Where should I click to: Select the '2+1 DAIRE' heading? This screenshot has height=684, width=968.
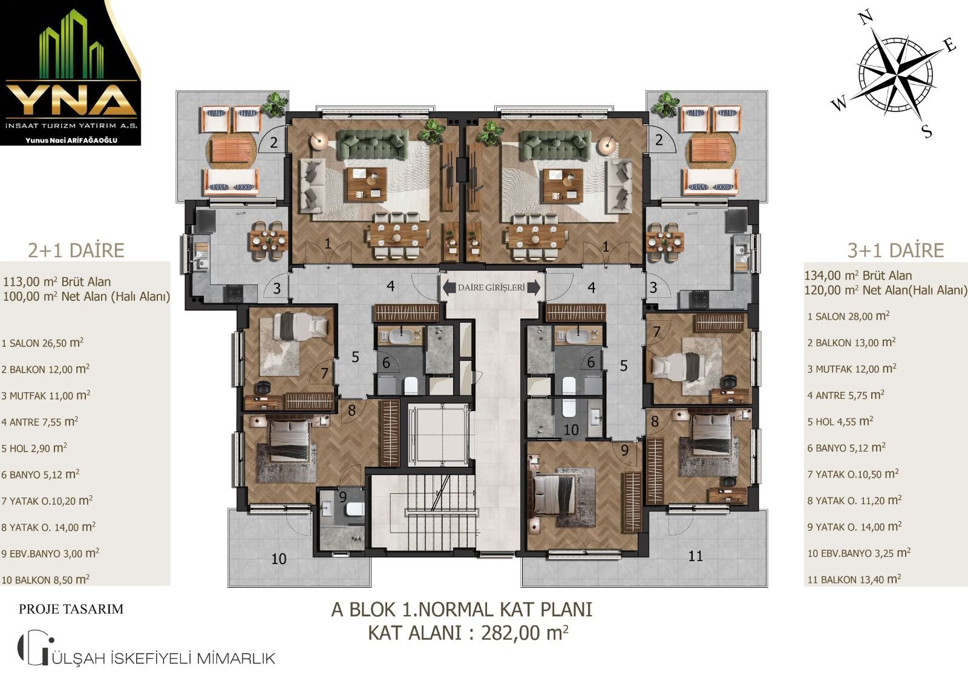[76, 251]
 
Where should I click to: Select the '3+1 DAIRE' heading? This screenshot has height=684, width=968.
[895, 251]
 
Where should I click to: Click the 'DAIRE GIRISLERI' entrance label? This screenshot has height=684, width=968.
[491, 288]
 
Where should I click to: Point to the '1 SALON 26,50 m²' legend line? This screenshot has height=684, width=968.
[42, 343]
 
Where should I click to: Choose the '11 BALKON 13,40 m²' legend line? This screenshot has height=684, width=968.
[854, 579]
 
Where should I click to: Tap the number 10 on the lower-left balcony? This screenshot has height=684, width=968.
[279, 559]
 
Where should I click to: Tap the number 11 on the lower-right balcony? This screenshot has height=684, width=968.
[695, 556]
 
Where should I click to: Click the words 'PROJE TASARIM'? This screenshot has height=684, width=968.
[71, 609]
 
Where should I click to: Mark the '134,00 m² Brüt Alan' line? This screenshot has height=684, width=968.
[858, 275]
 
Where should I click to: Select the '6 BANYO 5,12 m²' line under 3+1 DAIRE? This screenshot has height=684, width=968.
[846, 447]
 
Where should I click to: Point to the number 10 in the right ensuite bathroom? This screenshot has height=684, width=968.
[571, 430]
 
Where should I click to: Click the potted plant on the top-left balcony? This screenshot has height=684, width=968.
[275, 105]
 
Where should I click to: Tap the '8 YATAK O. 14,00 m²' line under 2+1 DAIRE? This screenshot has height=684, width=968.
[48, 527]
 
